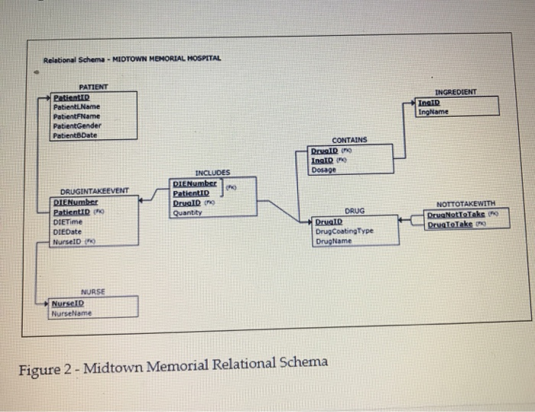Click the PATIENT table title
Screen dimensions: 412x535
(93, 87)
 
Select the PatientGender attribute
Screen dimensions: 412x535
(76, 125)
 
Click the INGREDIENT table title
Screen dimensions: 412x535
(455, 92)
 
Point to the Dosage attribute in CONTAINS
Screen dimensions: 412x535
(323, 170)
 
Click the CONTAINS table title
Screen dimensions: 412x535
(349, 141)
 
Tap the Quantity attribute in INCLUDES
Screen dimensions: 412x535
(187, 212)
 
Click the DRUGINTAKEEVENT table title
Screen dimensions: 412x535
(94, 191)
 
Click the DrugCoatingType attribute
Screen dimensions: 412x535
(344, 231)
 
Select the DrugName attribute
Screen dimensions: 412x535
(333, 241)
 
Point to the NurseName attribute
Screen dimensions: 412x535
(71, 313)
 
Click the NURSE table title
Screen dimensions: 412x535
(93, 293)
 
